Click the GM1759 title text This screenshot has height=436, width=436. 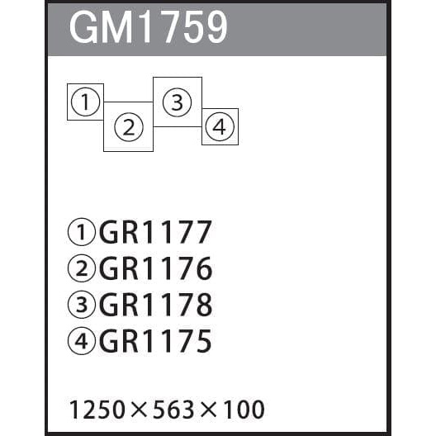click(148, 27)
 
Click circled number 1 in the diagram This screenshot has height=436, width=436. click(85, 102)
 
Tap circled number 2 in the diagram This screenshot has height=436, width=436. click(129, 127)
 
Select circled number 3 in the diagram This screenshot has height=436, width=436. click(177, 102)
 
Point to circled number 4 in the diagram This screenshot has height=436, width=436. click(220, 126)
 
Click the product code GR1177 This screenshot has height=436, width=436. click(155, 232)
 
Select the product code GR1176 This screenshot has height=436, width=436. click(156, 268)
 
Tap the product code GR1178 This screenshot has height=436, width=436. click(156, 305)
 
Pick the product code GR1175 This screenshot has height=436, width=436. click(155, 341)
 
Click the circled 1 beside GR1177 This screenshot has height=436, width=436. click(82, 232)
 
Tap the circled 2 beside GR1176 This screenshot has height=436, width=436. click(82, 268)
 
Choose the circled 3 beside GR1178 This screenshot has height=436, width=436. click(82, 305)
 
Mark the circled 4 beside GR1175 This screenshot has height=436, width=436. click(82, 341)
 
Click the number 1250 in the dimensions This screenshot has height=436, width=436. click(97, 410)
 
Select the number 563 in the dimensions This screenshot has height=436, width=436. click(173, 410)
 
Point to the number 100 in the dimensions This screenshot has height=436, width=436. click(244, 410)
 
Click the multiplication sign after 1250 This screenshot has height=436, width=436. click(139, 410)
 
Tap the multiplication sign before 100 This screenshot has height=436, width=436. click(208, 410)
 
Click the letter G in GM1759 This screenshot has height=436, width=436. click(83, 27)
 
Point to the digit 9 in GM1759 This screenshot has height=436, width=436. click(216, 27)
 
